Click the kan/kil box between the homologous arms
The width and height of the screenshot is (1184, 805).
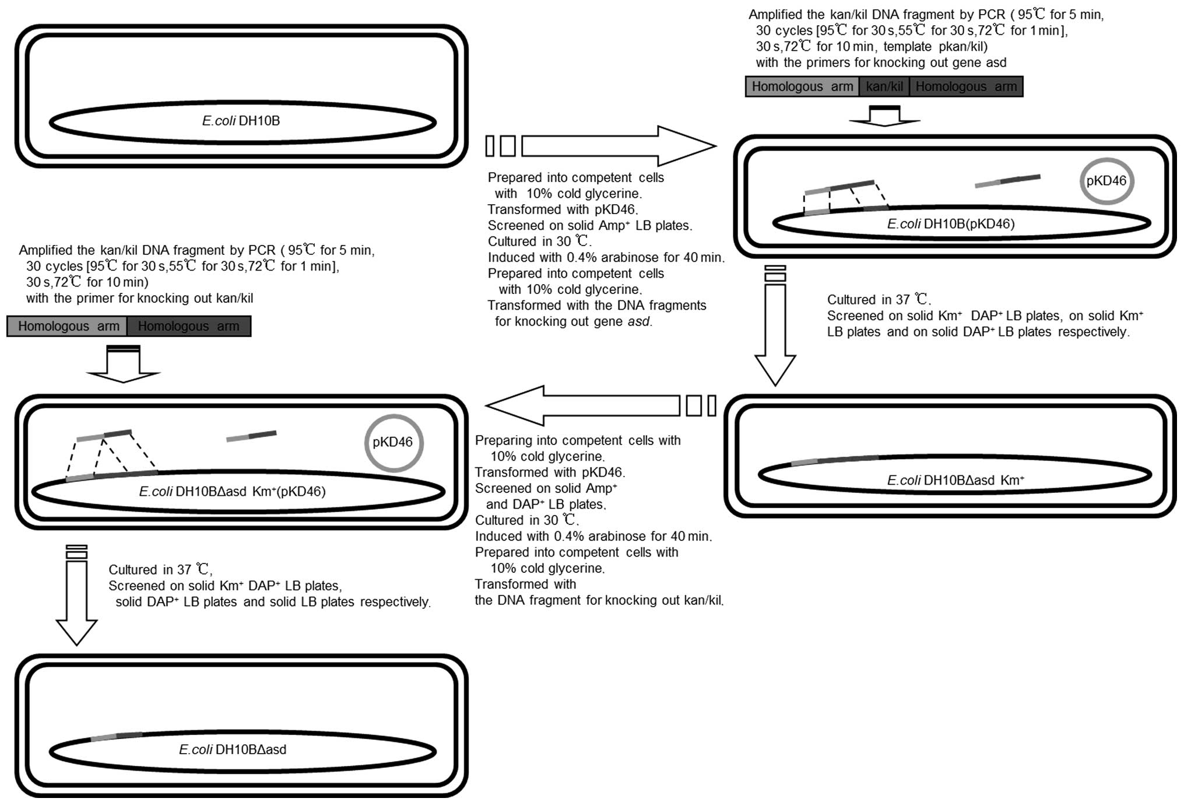point(884,87)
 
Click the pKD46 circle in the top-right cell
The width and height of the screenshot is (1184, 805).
point(1106,181)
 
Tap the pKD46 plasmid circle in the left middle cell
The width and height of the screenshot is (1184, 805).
point(393,443)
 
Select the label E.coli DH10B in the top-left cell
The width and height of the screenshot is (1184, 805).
point(241,121)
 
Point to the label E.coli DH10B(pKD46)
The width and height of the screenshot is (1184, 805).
point(950,224)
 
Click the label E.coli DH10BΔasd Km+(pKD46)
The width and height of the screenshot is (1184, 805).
point(232,492)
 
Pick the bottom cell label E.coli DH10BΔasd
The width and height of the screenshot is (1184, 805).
point(233,750)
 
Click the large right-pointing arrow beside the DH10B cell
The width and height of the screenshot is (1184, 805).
point(618,146)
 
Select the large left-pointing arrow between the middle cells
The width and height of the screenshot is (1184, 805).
point(583,405)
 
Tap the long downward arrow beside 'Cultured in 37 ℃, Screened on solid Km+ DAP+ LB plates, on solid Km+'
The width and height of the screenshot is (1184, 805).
point(775,327)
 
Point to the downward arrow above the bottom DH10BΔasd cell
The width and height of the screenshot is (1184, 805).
point(76,595)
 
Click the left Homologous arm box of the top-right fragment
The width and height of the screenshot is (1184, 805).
point(802,87)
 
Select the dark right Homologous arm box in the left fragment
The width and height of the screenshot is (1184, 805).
point(188,327)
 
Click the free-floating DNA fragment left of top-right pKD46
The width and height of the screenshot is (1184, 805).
point(1007,181)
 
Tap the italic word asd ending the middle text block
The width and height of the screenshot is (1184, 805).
point(638,321)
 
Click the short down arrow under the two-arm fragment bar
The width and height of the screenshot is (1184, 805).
point(123,365)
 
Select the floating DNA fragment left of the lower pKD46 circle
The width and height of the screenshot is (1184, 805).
point(251,436)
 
